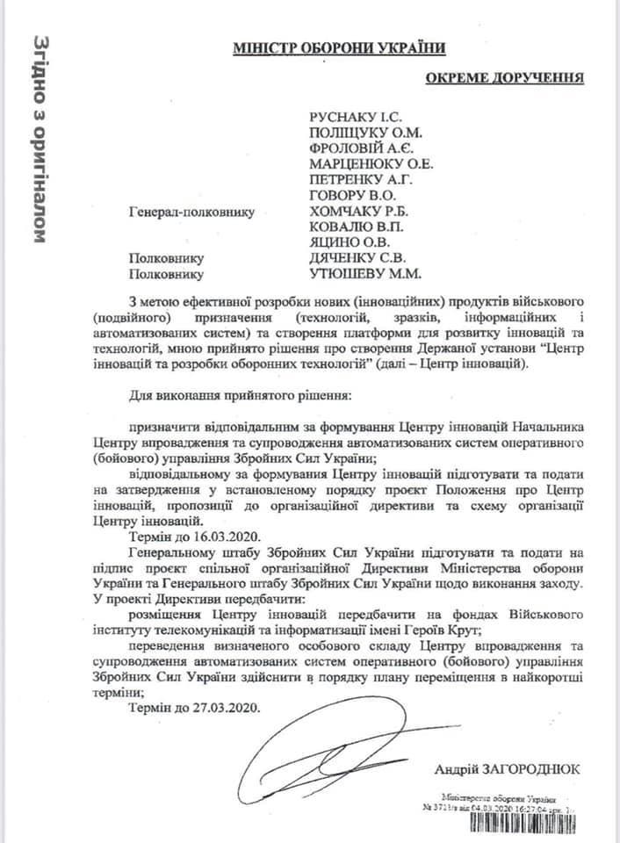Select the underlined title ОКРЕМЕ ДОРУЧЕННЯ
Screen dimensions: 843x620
pyautogui.click(x=505, y=79)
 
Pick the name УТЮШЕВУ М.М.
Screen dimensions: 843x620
pyautogui.click(x=358, y=274)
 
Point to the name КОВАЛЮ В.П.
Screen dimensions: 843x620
pyautogui.click(x=349, y=227)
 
